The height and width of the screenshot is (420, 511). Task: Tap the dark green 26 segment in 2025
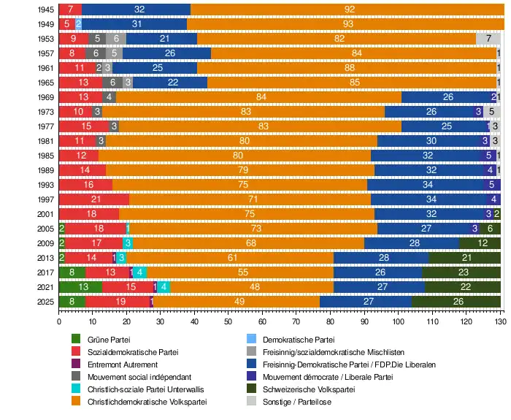458,301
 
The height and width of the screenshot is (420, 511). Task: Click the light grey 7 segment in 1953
488,39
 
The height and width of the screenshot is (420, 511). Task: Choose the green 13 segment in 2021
81,286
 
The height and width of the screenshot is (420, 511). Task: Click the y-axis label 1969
45,97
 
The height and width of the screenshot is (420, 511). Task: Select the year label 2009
45,243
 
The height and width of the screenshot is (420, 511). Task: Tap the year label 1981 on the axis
45,141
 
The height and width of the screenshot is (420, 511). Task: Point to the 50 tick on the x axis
228,321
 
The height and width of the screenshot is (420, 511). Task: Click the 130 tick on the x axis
500,321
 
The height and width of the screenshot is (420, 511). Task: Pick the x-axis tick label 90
364,321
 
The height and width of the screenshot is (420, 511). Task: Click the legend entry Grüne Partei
107,340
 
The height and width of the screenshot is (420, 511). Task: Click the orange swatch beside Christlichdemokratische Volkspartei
75,402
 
